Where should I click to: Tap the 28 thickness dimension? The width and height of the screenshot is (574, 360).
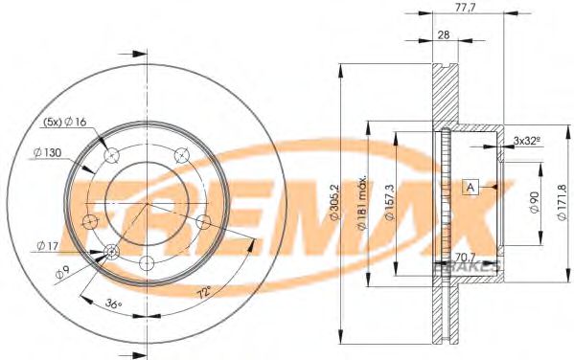(x=444, y=35)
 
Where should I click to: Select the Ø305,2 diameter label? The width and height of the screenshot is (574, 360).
(x=335, y=202)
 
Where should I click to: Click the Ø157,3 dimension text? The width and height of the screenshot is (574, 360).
(x=389, y=202)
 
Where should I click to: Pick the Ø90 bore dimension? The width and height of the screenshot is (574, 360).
(x=534, y=203)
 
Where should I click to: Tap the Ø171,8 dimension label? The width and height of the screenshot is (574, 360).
(x=563, y=202)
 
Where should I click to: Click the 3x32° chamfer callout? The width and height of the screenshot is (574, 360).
(x=527, y=140)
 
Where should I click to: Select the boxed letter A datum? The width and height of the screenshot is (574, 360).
(x=471, y=187)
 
